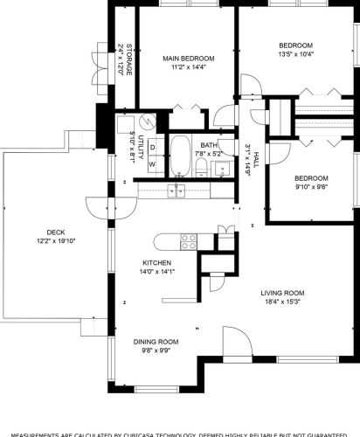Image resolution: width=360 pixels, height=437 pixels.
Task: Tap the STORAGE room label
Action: [x=128, y=59]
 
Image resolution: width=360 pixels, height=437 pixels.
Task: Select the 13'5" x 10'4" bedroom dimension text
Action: [x=296, y=53]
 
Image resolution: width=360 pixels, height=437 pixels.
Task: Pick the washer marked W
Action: [x=152, y=163]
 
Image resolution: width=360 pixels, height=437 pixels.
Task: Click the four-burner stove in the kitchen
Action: [x=186, y=239]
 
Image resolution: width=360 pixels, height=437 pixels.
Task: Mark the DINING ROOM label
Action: [x=156, y=342]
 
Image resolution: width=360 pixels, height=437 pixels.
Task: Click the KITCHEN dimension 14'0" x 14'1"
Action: [x=157, y=272]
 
